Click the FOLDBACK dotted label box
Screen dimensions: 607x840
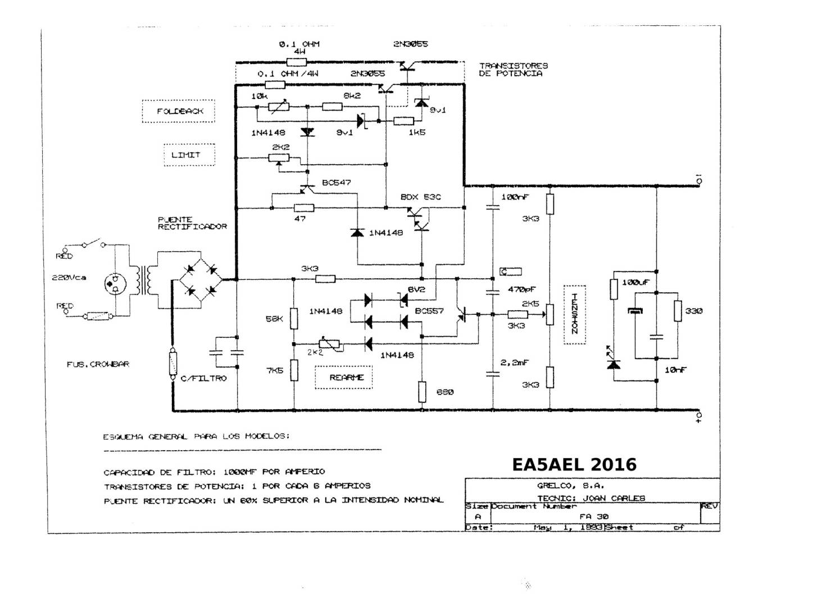(179, 111)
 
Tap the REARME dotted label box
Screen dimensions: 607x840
(347, 378)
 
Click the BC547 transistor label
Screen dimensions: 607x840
(337, 183)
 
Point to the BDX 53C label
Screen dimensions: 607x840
(420, 197)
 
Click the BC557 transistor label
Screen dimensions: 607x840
(429, 311)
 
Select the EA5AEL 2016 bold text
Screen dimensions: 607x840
(574, 464)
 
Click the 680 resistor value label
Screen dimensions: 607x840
(445, 392)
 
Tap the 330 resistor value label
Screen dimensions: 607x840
(693, 311)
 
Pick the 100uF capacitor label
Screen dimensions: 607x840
(635, 282)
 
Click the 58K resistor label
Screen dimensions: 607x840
(274, 319)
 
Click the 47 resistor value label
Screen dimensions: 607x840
(300, 219)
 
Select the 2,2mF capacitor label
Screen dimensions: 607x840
(514, 363)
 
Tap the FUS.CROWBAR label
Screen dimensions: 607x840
(98, 364)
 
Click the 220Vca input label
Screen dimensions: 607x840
(69, 278)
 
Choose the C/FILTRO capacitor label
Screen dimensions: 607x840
(203, 378)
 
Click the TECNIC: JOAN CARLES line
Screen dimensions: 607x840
(591, 498)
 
